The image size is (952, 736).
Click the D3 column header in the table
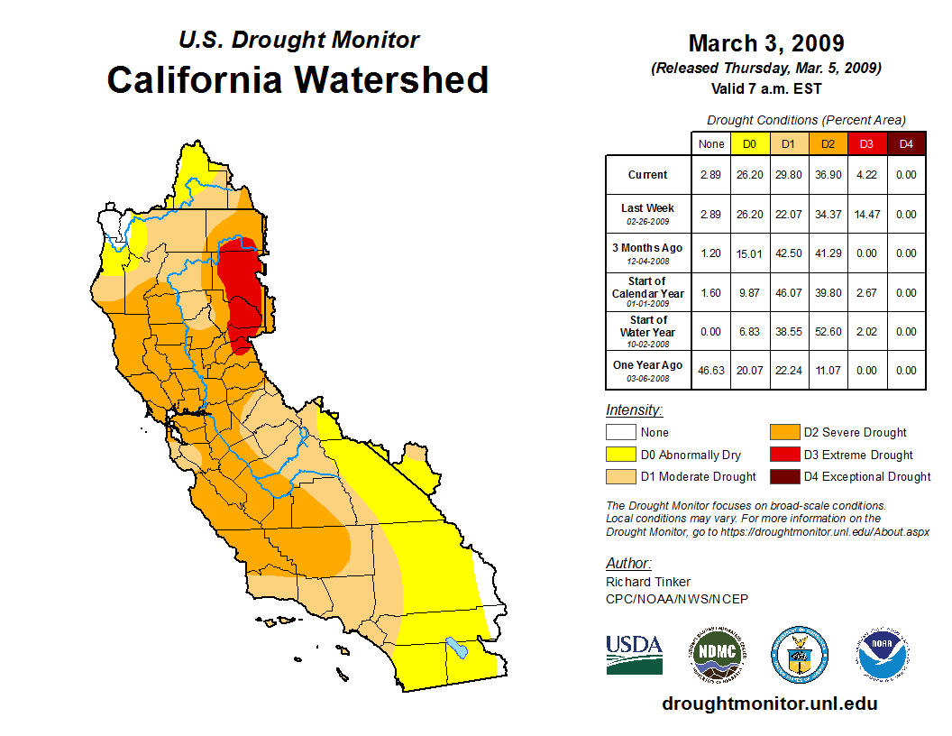(x=866, y=143)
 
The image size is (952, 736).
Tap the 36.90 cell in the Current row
(x=827, y=175)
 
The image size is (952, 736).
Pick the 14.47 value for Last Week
(x=866, y=214)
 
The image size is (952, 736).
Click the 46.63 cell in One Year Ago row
(x=710, y=370)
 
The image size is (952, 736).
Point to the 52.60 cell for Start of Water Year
(x=827, y=331)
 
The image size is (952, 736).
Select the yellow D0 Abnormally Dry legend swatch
(x=620, y=455)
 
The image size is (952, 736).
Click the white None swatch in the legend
(x=620, y=432)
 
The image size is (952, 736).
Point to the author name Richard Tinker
(x=648, y=582)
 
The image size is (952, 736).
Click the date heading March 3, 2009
(x=766, y=43)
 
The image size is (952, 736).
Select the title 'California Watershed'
(x=297, y=79)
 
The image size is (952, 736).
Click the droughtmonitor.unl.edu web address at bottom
(x=769, y=704)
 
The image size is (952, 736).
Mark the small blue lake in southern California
(x=457, y=647)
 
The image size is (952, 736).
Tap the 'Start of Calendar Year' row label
(x=648, y=292)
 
